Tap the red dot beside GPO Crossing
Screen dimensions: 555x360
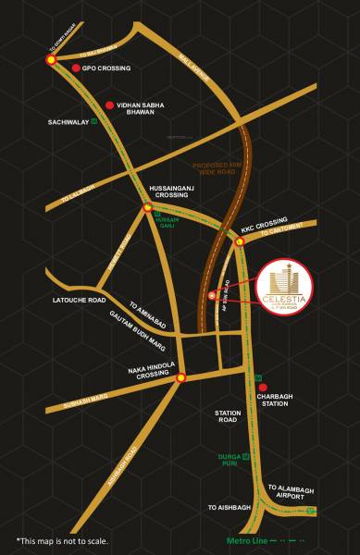pos(76,68)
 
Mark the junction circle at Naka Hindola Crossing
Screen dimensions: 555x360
pos(180,376)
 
